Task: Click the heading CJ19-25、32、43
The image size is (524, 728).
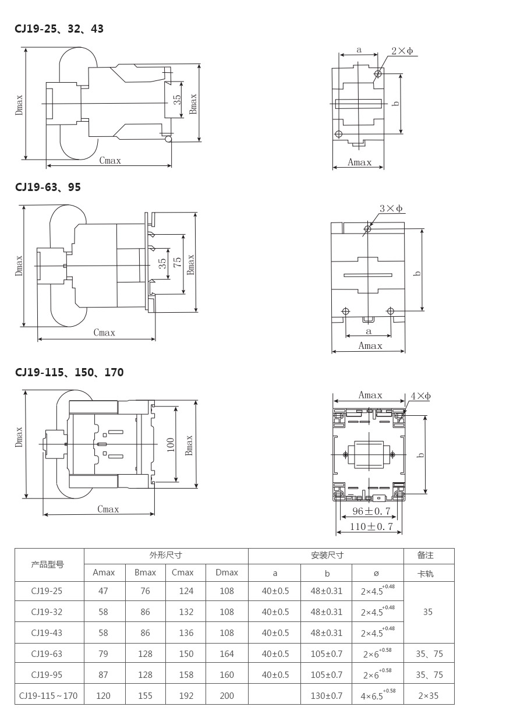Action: (59, 29)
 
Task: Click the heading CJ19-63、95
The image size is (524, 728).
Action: (48, 187)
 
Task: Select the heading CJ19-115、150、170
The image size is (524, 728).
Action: (69, 372)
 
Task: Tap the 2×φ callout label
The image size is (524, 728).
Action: (402, 51)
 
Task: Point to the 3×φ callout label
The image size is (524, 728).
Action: (391, 208)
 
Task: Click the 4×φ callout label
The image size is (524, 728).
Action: (421, 396)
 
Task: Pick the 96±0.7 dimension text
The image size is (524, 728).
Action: (371, 511)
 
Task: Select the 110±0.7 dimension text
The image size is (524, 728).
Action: (371, 526)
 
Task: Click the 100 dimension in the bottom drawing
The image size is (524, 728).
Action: (171, 445)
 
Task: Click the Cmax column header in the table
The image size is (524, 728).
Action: (183, 572)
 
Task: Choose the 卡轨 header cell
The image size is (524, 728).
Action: (425, 574)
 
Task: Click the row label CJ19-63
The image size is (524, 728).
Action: (47, 653)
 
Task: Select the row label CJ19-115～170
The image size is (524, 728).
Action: (48, 695)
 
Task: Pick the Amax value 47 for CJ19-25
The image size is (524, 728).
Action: (103, 591)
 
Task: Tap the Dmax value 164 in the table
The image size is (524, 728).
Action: (226, 653)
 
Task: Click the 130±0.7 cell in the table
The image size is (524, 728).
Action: (327, 695)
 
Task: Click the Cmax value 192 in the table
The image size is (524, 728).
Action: (186, 695)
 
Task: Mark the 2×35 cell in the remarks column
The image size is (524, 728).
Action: (428, 695)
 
